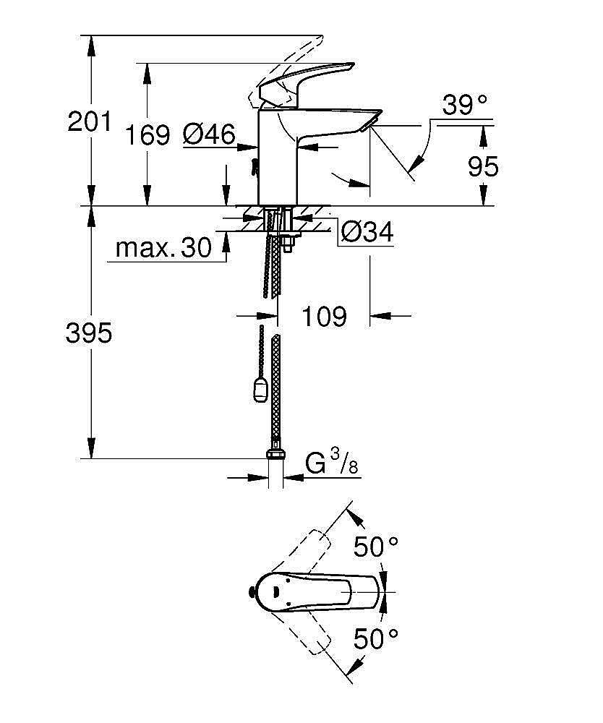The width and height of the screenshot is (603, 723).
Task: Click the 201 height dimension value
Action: [x=90, y=121]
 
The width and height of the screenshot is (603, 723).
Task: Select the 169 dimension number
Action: [x=147, y=134]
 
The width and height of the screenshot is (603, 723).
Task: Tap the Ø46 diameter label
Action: [x=209, y=134]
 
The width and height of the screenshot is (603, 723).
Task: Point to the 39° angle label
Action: [x=465, y=106]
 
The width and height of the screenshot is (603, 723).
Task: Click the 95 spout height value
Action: [x=483, y=167]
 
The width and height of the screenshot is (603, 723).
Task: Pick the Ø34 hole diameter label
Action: [x=367, y=233]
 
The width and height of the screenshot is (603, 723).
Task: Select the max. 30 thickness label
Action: [x=164, y=249]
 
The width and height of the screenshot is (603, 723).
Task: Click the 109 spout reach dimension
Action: [x=323, y=316]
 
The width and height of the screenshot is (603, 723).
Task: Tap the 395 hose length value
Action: [x=89, y=333]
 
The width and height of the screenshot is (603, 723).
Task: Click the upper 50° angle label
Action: [x=376, y=547]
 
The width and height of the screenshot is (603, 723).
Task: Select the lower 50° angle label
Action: [x=376, y=638]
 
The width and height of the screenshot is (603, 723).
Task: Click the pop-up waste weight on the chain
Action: [x=260, y=393]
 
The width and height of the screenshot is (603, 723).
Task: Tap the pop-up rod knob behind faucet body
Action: [x=253, y=167]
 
